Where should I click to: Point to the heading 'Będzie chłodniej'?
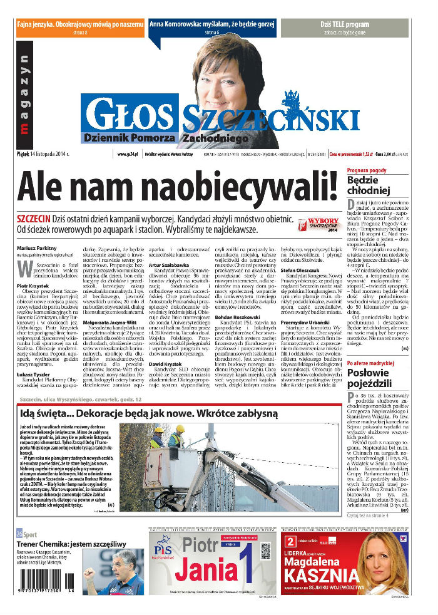[x=369, y=186]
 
